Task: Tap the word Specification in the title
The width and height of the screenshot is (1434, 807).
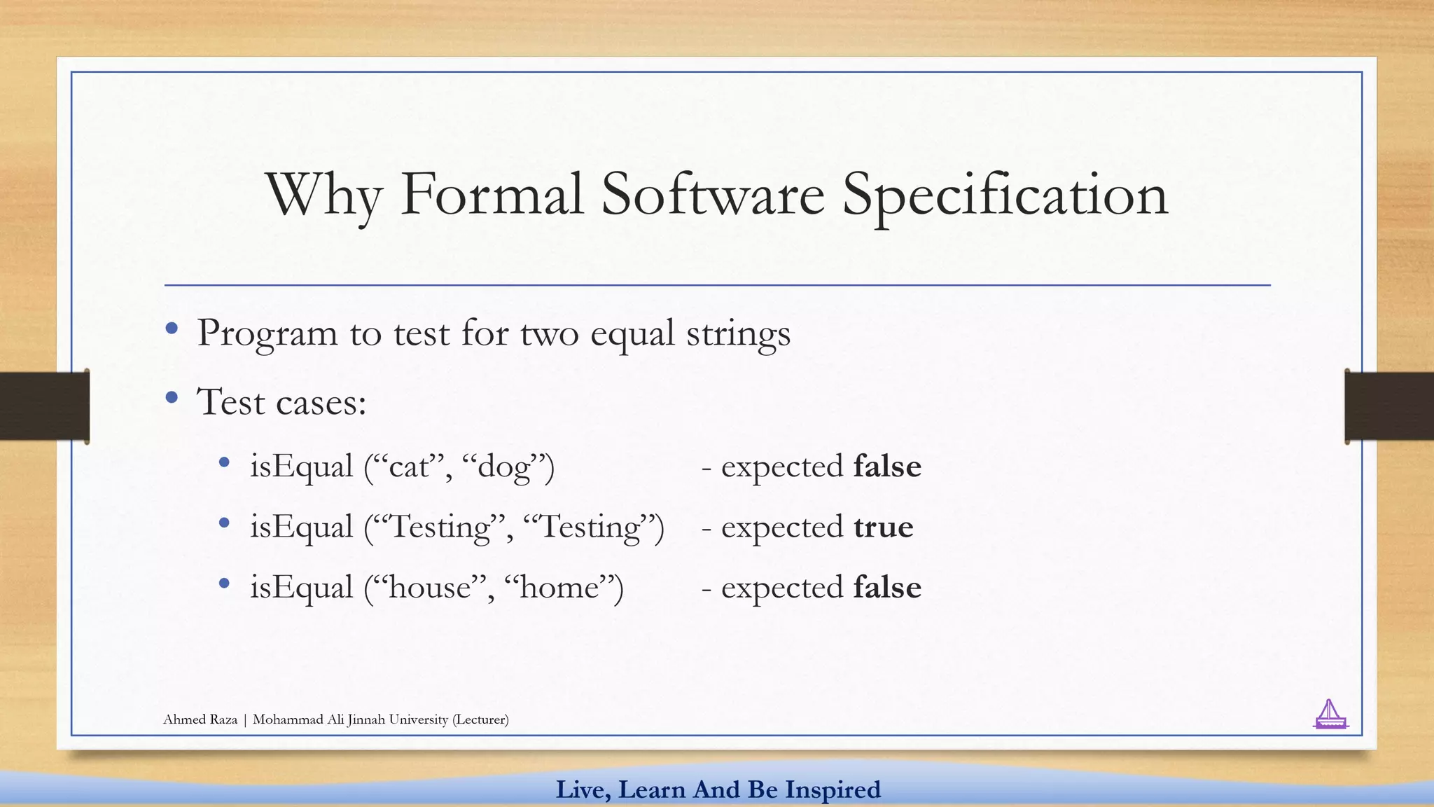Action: pyautogui.click(x=1005, y=196)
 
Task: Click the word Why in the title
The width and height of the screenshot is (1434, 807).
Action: pyautogui.click(x=323, y=196)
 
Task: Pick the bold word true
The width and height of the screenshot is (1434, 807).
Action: pyautogui.click(x=883, y=527)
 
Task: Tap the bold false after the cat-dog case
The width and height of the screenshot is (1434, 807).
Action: pyautogui.click(x=887, y=467)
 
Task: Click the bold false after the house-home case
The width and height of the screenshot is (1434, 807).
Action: pyautogui.click(x=887, y=587)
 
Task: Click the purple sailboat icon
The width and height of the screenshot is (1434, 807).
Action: pyautogui.click(x=1330, y=715)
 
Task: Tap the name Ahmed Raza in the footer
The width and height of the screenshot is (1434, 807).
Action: pyautogui.click(x=200, y=719)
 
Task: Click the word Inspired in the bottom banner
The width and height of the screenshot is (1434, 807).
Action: pyautogui.click(x=833, y=789)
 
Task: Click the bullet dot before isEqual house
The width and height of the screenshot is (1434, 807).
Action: pyautogui.click(x=224, y=583)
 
